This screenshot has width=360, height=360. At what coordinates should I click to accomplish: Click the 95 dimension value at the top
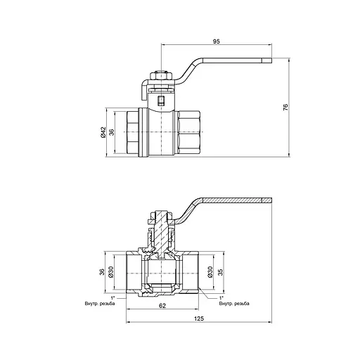click(x=216, y=42)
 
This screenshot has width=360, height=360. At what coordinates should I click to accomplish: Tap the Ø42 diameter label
click(x=103, y=131)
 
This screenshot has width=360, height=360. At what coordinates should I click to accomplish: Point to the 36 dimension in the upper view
click(x=112, y=131)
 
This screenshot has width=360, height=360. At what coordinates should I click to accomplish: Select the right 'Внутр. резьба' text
click(x=233, y=303)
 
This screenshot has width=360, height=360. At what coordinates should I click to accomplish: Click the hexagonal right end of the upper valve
click(x=190, y=131)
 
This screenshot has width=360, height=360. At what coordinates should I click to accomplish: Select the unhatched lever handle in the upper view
click(x=225, y=60)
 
